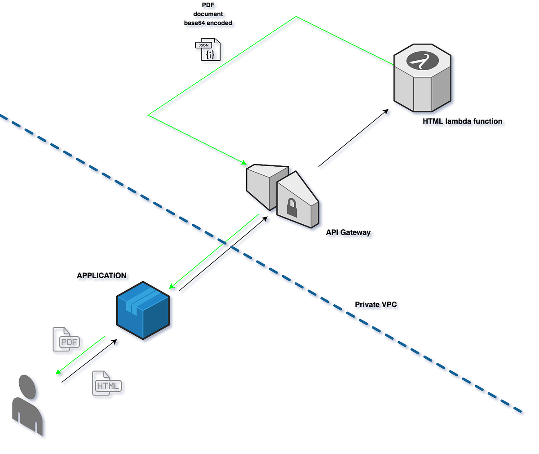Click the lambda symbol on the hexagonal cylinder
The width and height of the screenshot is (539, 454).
(x=422, y=61)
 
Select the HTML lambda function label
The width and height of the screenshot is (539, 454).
(x=462, y=121)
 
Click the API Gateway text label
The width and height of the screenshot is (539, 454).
(x=348, y=232)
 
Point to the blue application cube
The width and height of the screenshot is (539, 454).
(x=143, y=310)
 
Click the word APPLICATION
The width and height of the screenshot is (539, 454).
(x=102, y=276)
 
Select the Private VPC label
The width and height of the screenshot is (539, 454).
(x=376, y=304)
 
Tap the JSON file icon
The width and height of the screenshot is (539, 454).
(x=208, y=50)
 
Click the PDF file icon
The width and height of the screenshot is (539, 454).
(x=66, y=340)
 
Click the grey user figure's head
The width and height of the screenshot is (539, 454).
(x=27, y=386)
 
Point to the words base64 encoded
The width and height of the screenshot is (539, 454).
(x=208, y=23)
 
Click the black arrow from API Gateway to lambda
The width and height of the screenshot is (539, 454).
(x=353, y=138)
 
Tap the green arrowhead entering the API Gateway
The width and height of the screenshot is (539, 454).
(x=244, y=162)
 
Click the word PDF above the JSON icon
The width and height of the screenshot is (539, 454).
(x=208, y=5)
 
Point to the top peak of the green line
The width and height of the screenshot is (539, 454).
(x=296, y=17)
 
